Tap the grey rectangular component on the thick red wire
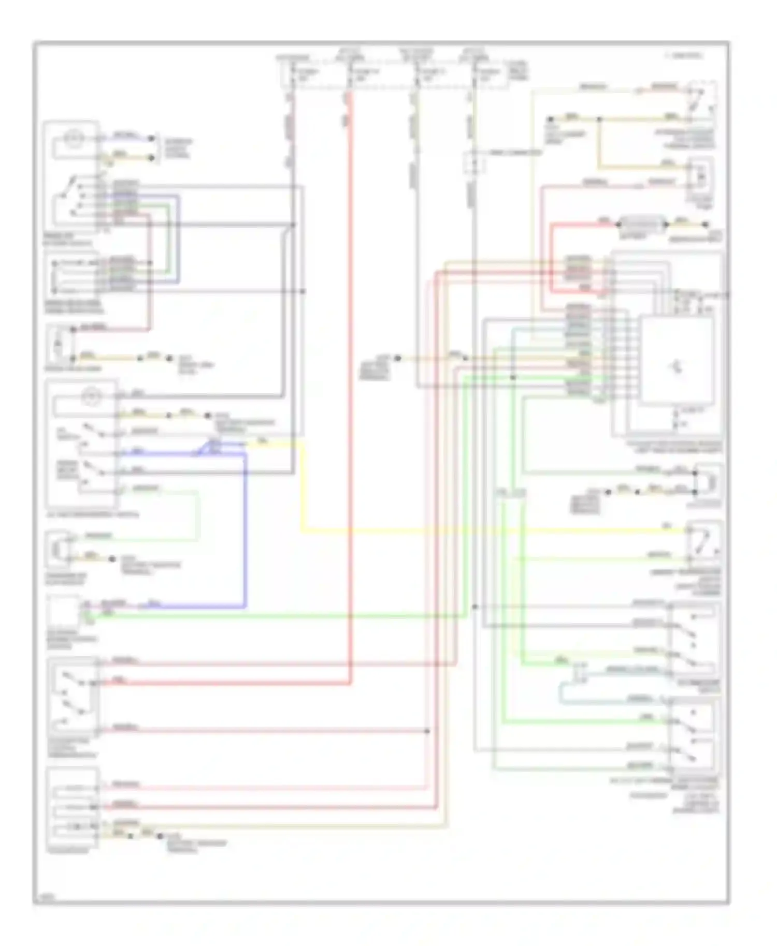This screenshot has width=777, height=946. [x=642, y=225]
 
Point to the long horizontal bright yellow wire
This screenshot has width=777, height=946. [x=492, y=530]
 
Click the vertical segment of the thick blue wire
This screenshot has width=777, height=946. [x=245, y=528]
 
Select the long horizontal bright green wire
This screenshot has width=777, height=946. [x=280, y=616]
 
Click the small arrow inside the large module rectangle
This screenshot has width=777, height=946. [x=675, y=367]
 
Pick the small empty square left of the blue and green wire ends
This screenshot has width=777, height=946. [x=63, y=611]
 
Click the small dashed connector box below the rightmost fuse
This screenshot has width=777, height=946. [x=473, y=163]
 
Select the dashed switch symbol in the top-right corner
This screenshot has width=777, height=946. [x=702, y=101]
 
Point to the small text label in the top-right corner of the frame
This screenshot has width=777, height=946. [x=684, y=55]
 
